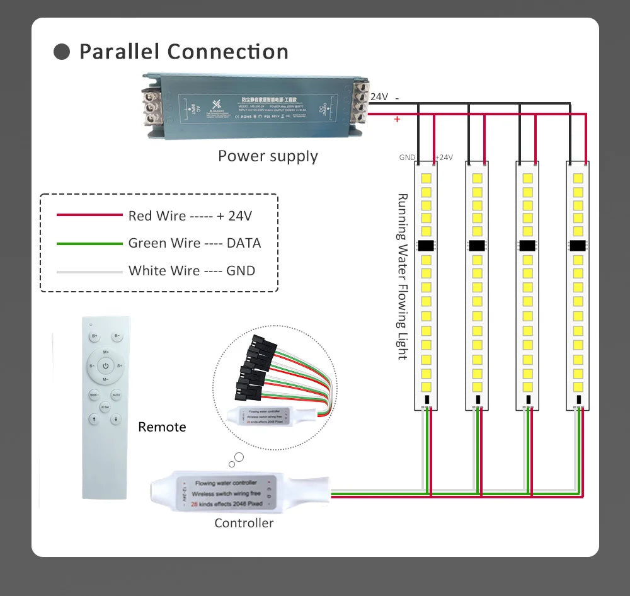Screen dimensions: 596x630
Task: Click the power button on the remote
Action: point(105,365)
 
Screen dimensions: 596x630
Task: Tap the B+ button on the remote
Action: point(94,336)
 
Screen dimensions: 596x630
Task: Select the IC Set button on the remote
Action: point(105,407)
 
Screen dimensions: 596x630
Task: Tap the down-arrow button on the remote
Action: point(117,420)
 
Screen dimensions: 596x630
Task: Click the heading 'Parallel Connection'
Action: point(183,52)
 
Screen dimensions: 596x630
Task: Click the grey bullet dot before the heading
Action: point(62,52)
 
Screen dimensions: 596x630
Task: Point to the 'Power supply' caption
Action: point(268,156)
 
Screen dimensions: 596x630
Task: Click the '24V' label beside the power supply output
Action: point(379,97)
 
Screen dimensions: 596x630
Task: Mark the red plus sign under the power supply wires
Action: point(397,119)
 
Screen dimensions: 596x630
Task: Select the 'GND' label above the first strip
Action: point(407,158)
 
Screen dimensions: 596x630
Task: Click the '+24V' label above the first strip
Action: point(444,158)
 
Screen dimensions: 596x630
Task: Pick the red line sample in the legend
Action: point(89,215)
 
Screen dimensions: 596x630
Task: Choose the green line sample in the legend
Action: point(89,243)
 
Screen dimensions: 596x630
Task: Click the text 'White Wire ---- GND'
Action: point(192,271)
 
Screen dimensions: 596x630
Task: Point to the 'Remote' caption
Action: point(162,427)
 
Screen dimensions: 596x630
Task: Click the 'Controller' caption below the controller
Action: point(244,523)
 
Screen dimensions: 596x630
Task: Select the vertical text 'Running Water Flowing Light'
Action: point(402,277)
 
